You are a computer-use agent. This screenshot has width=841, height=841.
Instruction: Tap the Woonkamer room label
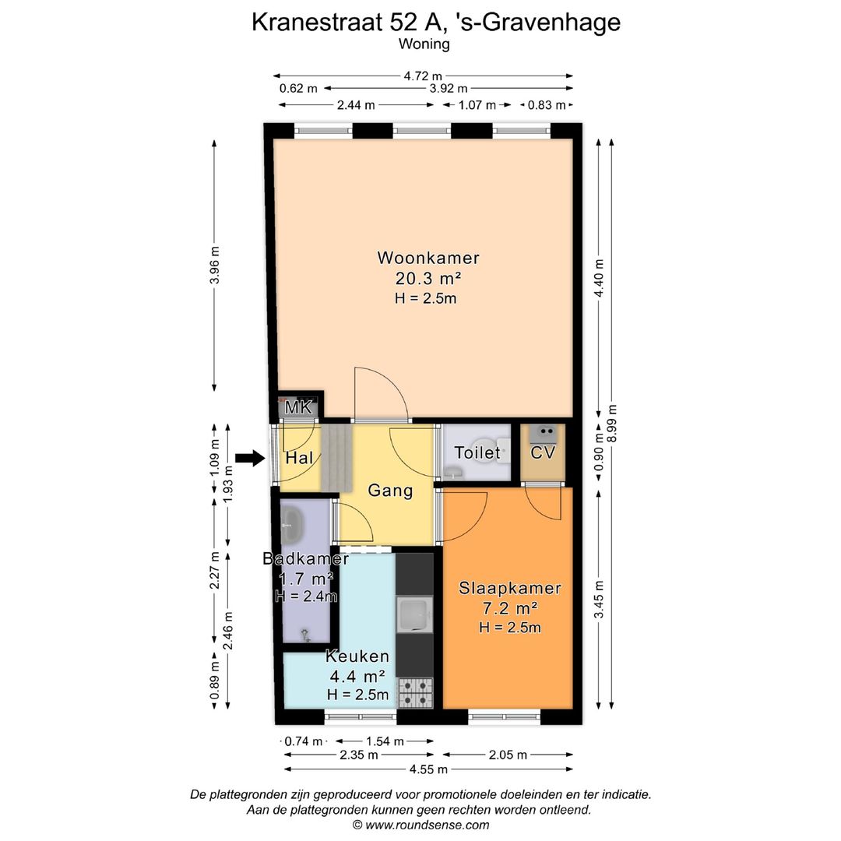click(x=428, y=258)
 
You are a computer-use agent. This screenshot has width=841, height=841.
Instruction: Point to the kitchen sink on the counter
click(x=413, y=615)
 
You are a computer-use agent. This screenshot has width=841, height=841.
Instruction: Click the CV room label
click(x=542, y=452)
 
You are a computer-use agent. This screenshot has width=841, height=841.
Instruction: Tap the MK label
click(x=298, y=407)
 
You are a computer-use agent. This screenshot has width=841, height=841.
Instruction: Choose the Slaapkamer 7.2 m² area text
click(x=510, y=607)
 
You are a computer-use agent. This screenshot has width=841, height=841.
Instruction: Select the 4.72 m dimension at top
click(x=423, y=76)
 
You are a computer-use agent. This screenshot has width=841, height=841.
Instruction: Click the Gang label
click(x=390, y=491)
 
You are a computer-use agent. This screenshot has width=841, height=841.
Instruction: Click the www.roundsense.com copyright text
click(x=420, y=825)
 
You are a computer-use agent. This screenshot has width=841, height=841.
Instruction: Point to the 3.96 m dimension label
click(x=215, y=266)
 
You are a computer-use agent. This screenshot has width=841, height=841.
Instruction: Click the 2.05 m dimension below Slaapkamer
click(x=508, y=755)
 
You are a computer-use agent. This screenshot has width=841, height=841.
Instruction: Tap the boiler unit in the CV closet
click(x=542, y=432)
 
